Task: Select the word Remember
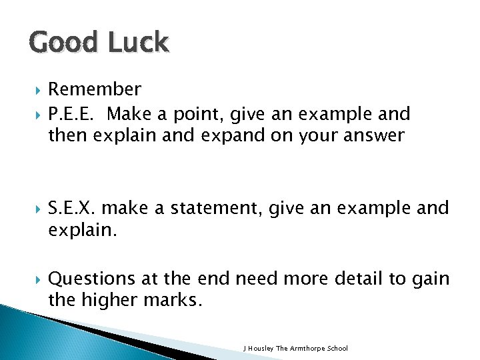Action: (x=95, y=89)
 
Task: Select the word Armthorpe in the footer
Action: (x=311, y=349)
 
